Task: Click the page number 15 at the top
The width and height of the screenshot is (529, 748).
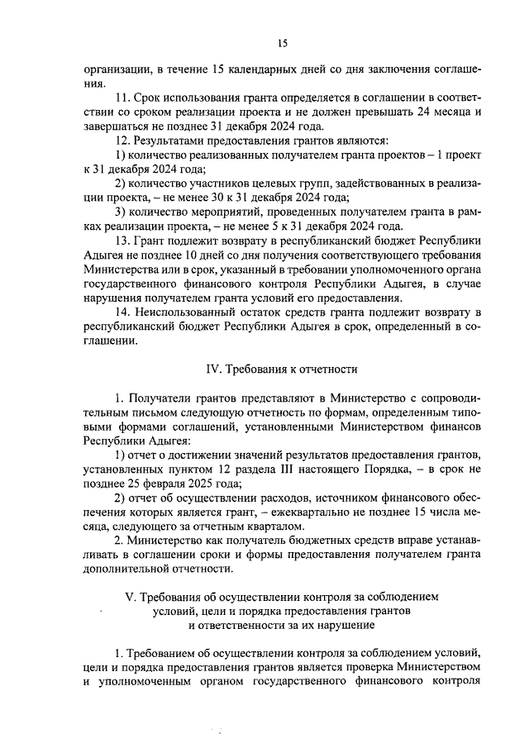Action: point(282,44)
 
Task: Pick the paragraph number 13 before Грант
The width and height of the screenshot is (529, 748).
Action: point(122,240)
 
